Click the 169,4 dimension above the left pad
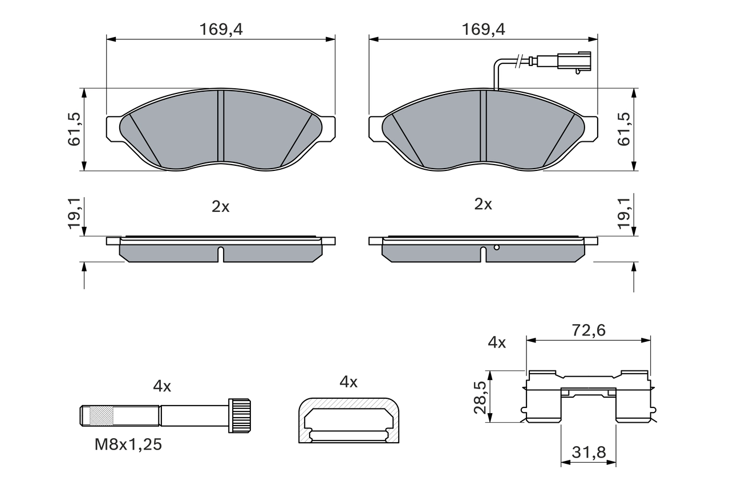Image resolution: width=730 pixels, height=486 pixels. tap(221, 30)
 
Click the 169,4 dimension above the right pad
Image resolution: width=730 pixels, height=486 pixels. tap(483, 30)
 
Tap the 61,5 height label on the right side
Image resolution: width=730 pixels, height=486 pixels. tap(625, 129)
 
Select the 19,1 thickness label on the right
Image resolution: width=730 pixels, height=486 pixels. tap(625, 214)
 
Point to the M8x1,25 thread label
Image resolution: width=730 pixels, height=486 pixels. tap(128, 445)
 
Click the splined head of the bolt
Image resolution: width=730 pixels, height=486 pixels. tap(240, 415)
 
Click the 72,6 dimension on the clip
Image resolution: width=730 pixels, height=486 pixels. tap(588, 330)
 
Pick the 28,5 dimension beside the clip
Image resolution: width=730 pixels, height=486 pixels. tap(480, 397)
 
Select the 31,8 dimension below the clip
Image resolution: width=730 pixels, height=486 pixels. tap(588, 453)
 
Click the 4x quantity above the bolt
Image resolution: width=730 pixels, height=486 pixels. tap(162, 386)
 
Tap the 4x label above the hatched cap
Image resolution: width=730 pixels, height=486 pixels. tap(348, 382)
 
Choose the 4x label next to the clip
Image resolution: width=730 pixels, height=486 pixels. tap(497, 342)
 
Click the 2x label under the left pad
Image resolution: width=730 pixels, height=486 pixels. tap(221, 207)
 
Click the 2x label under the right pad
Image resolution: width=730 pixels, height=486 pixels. tap(483, 205)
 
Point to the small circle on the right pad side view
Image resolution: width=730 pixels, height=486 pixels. tap(497, 247)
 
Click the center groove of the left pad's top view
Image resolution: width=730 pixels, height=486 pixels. tap(221, 126)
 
